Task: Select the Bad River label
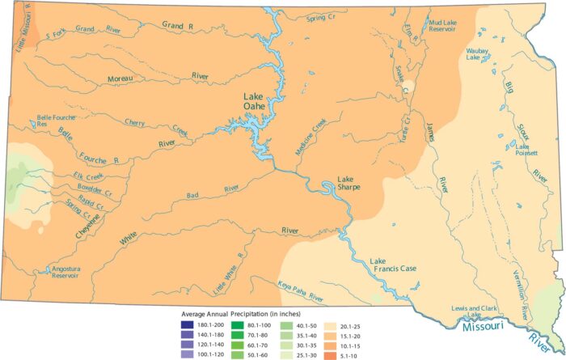pyautogui.click(x=220, y=189)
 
